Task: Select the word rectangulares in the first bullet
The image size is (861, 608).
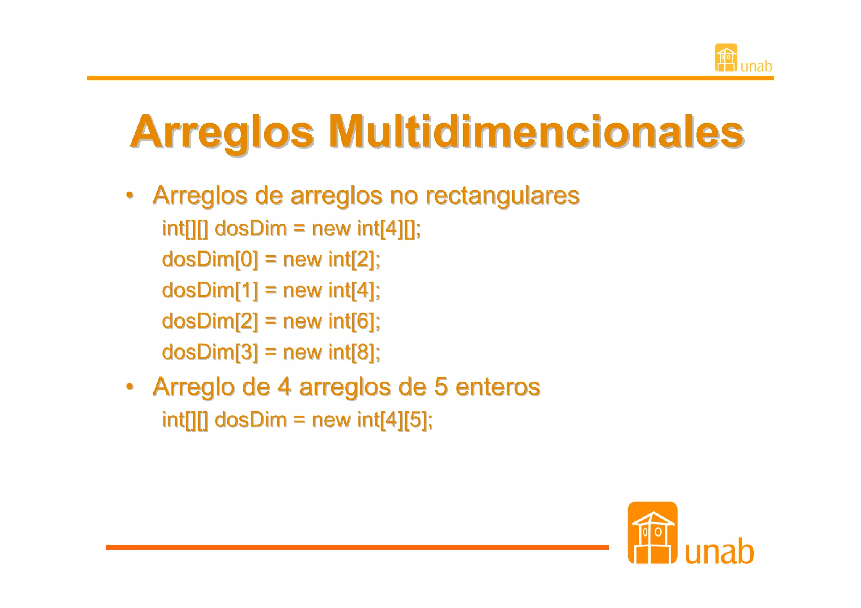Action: [x=502, y=195]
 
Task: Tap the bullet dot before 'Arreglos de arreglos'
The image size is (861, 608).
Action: [x=130, y=195]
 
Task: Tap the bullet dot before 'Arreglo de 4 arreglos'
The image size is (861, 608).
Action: [x=130, y=387]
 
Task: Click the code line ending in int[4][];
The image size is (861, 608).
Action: [x=291, y=229]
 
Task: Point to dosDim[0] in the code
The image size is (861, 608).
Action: [x=210, y=259]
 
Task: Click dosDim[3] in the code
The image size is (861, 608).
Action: [x=210, y=352]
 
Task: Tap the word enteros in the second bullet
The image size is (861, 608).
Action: [x=498, y=387]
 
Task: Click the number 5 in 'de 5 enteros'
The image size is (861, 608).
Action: [x=440, y=387]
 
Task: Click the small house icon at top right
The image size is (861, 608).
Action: [x=726, y=58]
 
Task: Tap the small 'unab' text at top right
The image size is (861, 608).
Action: [x=756, y=66]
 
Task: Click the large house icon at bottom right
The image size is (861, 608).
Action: [x=652, y=533]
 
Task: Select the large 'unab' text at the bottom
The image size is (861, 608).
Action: [x=719, y=552]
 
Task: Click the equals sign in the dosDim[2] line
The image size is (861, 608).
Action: [x=271, y=321]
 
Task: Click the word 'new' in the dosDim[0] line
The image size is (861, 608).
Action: [x=302, y=259]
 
